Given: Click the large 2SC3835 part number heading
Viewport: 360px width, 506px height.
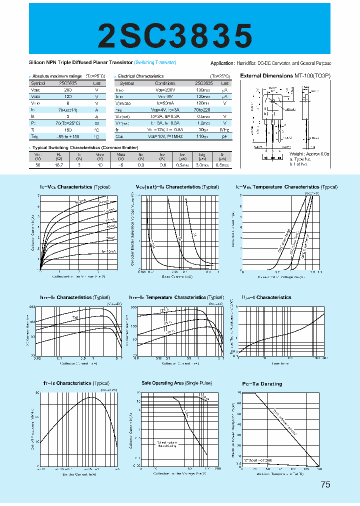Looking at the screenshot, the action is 175,35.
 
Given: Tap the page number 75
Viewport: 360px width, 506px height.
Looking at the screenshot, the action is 325,484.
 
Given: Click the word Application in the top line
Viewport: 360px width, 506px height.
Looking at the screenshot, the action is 221,63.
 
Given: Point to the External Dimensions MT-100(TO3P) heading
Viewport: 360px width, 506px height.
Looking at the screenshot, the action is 285,75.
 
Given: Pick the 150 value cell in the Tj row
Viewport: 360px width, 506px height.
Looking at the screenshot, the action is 68,129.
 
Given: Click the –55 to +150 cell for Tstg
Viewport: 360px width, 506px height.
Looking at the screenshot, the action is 68,136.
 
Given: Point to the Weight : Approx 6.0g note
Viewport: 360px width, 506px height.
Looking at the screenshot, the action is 310,154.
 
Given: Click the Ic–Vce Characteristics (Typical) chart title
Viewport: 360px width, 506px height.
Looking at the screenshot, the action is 75,187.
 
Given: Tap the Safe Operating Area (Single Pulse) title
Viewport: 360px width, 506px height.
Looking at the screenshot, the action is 177,383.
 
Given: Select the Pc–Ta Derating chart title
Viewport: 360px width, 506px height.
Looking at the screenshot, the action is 262,384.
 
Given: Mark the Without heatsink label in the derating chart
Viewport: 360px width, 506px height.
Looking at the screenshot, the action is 258,459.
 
